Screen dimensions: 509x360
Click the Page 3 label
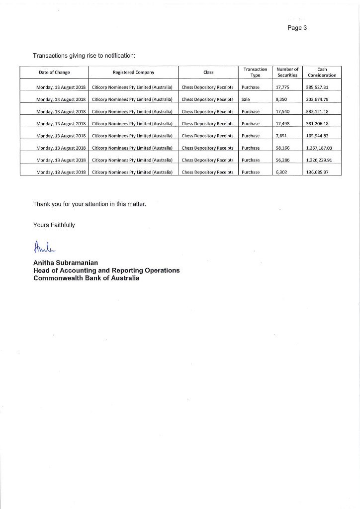coord(297,28)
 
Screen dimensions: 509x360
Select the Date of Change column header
coord(54,73)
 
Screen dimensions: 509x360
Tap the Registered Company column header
coord(133,73)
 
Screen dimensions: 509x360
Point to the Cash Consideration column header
coord(322,73)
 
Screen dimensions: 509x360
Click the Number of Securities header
coord(287,73)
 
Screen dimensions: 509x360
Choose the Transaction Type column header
coord(255,73)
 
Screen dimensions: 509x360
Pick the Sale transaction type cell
coord(246,99)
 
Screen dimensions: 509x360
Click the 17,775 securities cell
coord(282,87)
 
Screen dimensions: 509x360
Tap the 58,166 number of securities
coord(282,148)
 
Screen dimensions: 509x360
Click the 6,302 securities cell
coord(281,172)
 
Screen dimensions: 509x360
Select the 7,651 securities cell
coord(281,136)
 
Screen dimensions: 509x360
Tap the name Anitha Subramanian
coord(66,262)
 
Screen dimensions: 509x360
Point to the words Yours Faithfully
coord(54,225)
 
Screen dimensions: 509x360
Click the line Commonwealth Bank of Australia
coord(86,278)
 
